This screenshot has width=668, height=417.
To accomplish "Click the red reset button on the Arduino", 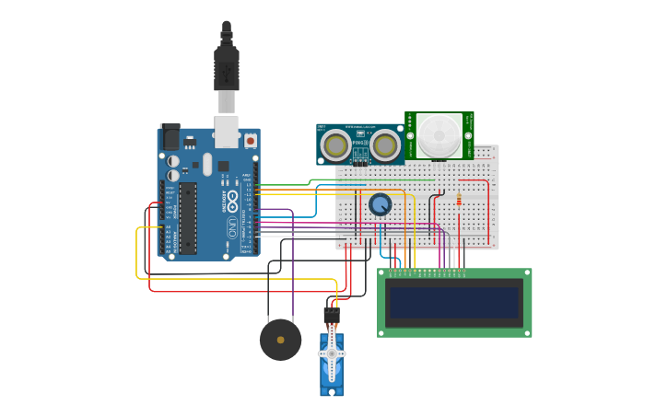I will (x=250, y=141).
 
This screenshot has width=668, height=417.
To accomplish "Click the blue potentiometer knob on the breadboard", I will (x=380, y=204).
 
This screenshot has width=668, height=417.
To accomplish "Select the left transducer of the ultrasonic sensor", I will (x=334, y=145).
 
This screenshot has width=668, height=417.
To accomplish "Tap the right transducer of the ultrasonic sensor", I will (x=385, y=145).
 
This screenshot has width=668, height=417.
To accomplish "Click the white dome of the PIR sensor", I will (x=439, y=135).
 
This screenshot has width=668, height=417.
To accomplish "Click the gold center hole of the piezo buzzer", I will (x=280, y=340).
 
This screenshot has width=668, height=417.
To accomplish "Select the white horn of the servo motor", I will (x=331, y=353).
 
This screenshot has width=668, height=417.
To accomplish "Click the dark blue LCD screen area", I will (x=454, y=302).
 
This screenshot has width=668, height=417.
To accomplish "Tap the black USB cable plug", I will (x=227, y=69).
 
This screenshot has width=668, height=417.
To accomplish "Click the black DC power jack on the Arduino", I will (x=170, y=137).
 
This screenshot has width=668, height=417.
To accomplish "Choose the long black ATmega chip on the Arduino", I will (x=188, y=218).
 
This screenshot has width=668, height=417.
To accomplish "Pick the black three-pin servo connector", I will (x=332, y=316).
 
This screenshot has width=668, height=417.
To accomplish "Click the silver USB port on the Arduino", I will (x=226, y=131).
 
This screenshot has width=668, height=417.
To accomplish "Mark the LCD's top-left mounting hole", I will (x=382, y=273).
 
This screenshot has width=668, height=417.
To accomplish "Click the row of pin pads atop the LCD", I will (x=428, y=273).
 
